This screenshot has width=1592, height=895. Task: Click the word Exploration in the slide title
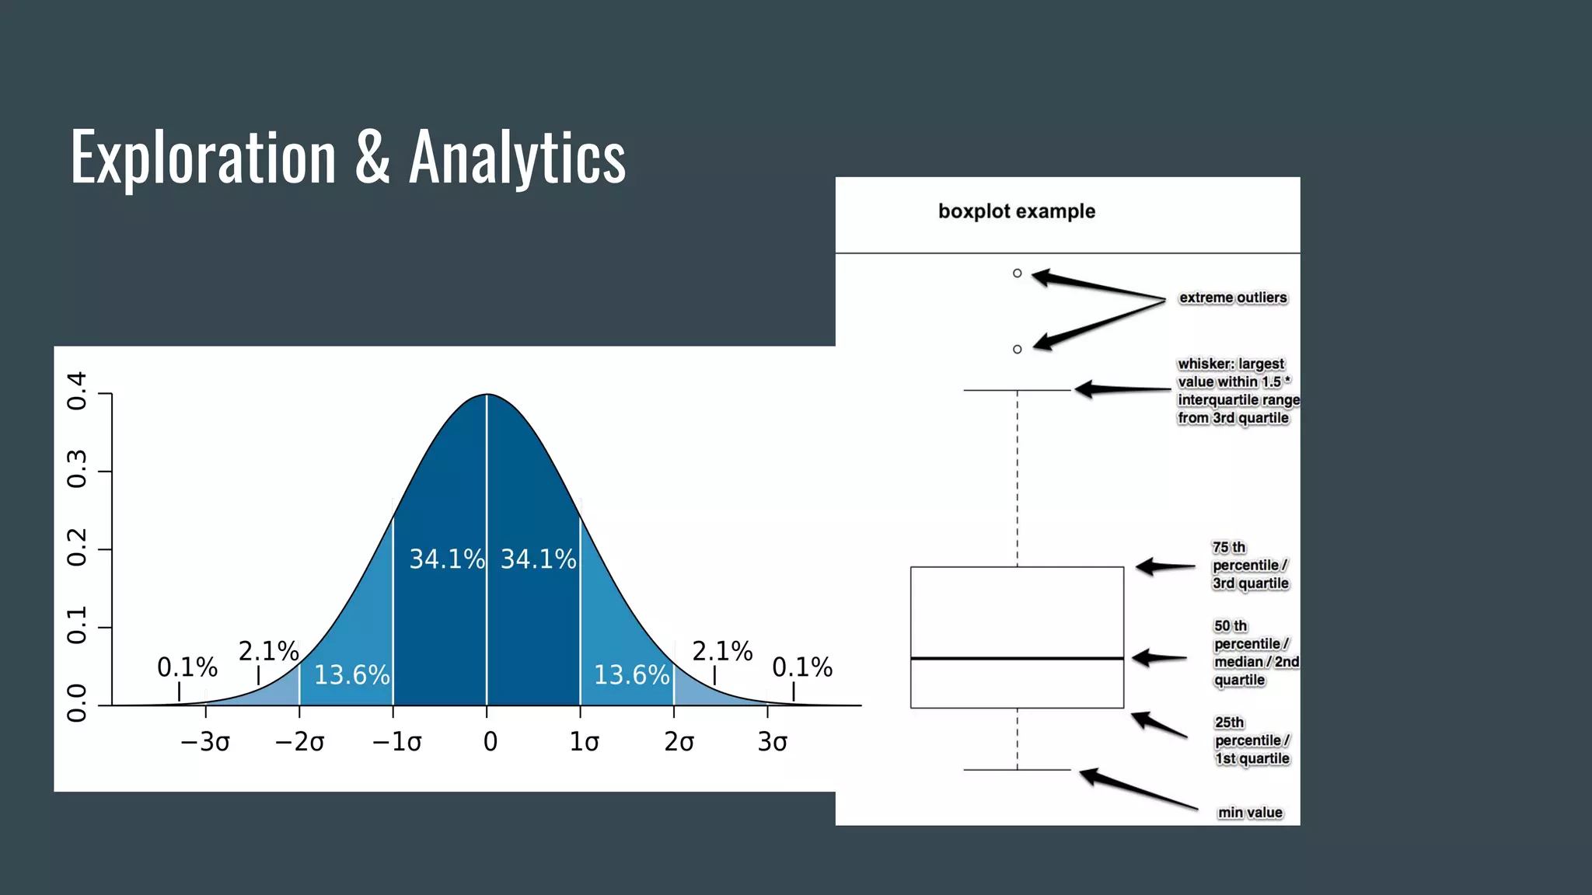pos(203,158)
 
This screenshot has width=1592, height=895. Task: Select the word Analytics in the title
pos(517,158)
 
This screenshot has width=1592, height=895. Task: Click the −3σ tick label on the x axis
pos(205,742)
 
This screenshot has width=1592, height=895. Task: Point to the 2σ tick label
pos(679,742)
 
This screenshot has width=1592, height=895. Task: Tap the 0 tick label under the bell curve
pos(490,742)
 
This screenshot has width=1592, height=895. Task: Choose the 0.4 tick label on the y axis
pos(77,391)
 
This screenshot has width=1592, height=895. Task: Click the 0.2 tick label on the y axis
pos(77,548)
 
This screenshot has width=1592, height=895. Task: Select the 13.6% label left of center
pos(351,674)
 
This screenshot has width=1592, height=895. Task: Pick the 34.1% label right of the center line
pos(538,559)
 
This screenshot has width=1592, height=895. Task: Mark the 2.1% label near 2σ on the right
pos(722,651)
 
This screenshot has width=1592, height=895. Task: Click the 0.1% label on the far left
pos(187,667)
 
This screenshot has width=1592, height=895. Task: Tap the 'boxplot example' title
pos(1016,211)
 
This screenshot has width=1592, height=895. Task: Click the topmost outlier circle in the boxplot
pos(1017,273)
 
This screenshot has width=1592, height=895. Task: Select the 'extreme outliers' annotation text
pos(1232,298)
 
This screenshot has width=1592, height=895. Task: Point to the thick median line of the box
pos(1017,658)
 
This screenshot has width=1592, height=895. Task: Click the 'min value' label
pos(1250,813)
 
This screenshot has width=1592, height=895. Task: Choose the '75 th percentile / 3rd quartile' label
pos(1250,566)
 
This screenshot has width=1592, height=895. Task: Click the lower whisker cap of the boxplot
pos(1017,769)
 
